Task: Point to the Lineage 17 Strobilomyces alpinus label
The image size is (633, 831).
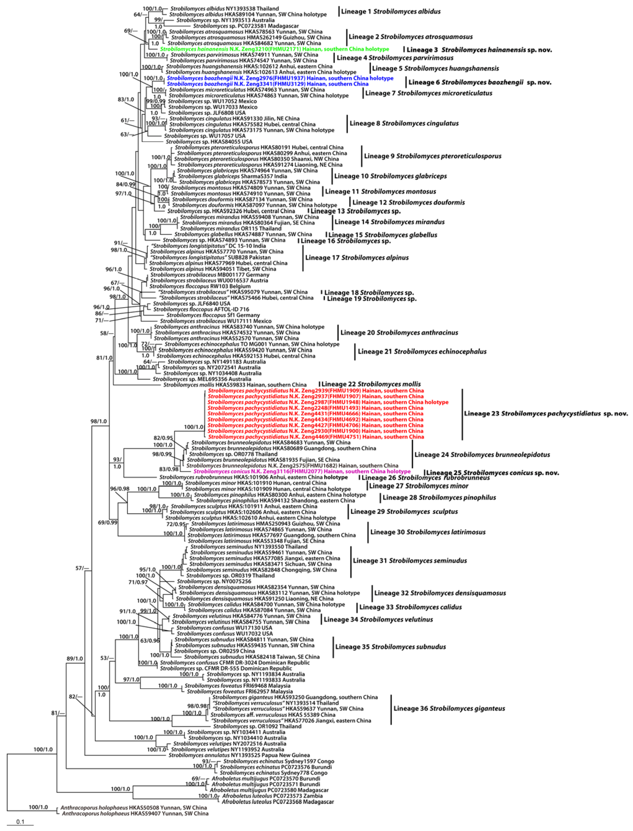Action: [x=356, y=258]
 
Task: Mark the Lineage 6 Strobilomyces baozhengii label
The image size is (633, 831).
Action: [x=479, y=82]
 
